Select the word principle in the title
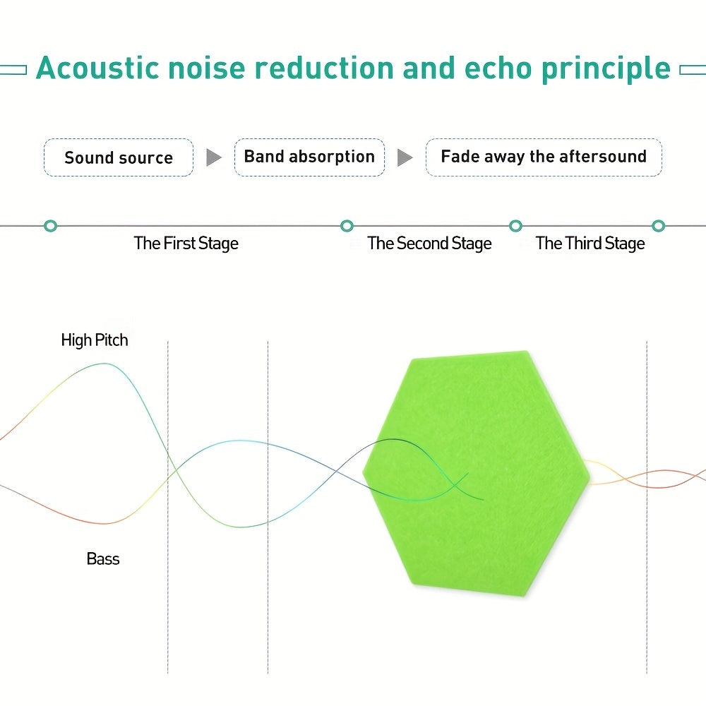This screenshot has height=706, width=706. click(x=606, y=68)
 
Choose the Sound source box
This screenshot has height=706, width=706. click(x=119, y=157)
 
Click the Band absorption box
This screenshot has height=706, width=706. click(x=309, y=157)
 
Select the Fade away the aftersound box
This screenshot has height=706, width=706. click(x=544, y=157)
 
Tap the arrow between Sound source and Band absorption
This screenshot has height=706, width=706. click(x=213, y=157)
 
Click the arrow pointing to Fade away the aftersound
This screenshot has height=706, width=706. click(x=405, y=157)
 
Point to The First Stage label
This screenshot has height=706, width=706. click(x=186, y=244)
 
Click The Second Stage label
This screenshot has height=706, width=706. click(x=429, y=244)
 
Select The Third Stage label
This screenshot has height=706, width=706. click(x=590, y=244)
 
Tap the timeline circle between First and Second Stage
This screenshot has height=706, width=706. click(x=347, y=226)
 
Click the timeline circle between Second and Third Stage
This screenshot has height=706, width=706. click(x=516, y=226)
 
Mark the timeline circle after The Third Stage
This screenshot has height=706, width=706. click(x=659, y=226)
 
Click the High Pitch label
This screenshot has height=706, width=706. click(x=95, y=340)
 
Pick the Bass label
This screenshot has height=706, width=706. click(x=103, y=559)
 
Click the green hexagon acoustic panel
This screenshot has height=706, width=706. click(x=473, y=522)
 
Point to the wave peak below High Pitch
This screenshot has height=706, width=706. click(x=104, y=364)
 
